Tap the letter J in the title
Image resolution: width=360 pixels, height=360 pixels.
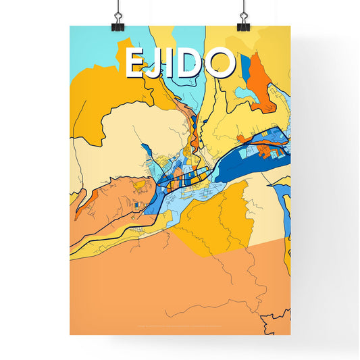pos(156,63)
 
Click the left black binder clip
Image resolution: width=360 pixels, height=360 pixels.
pos(118,20)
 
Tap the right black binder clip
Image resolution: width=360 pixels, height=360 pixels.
pos(243,20)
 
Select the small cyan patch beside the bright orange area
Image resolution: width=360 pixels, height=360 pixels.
pos(245,95)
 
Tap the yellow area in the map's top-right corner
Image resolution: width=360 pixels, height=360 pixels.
pos(277,47)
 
